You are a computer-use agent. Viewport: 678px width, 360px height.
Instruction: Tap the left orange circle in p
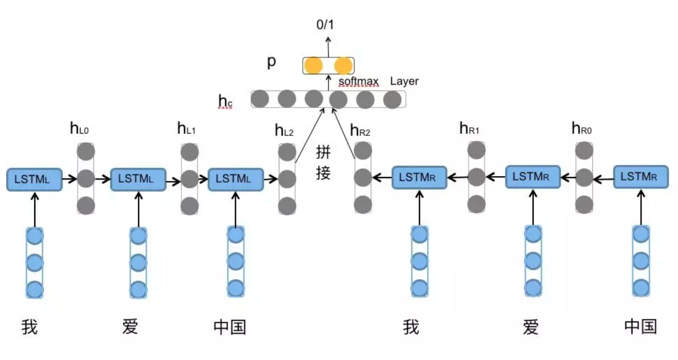pyautogui.click(x=313, y=66)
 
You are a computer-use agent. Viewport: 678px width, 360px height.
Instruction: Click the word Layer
pyautogui.click(x=404, y=81)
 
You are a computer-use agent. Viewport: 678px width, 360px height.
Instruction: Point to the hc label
pyautogui.click(x=226, y=100)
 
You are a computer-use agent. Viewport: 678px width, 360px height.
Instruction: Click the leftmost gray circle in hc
pyautogui.click(x=260, y=100)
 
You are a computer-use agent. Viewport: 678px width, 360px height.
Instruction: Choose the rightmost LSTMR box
pyautogui.click(x=641, y=177)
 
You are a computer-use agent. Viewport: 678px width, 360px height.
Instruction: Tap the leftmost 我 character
pyautogui.click(x=29, y=327)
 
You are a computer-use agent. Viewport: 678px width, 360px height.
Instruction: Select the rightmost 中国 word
pyautogui.click(x=640, y=326)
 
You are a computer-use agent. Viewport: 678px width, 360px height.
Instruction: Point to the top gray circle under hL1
pyautogui.click(x=190, y=152)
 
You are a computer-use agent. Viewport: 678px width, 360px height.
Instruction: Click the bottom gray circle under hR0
pyautogui.click(x=584, y=203)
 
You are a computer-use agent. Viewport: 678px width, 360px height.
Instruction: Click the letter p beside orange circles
pyautogui.click(x=271, y=63)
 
